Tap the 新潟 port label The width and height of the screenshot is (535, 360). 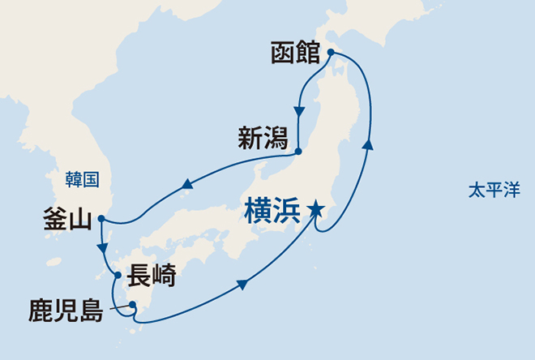click(x=263, y=139)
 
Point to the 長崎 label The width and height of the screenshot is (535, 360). click(x=152, y=277)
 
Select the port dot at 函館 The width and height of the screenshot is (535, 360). click(x=331, y=54)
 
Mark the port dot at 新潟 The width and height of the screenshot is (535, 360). click(x=298, y=152)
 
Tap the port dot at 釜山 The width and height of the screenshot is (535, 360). click(x=101, y=218)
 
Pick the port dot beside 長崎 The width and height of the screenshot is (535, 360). click(x=118, y=276)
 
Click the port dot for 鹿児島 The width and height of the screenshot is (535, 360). click(x=132, y=306)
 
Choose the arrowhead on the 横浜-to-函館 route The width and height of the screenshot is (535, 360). click(x=369, y=144)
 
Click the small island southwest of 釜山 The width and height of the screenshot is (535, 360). click(x=53, y=262)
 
